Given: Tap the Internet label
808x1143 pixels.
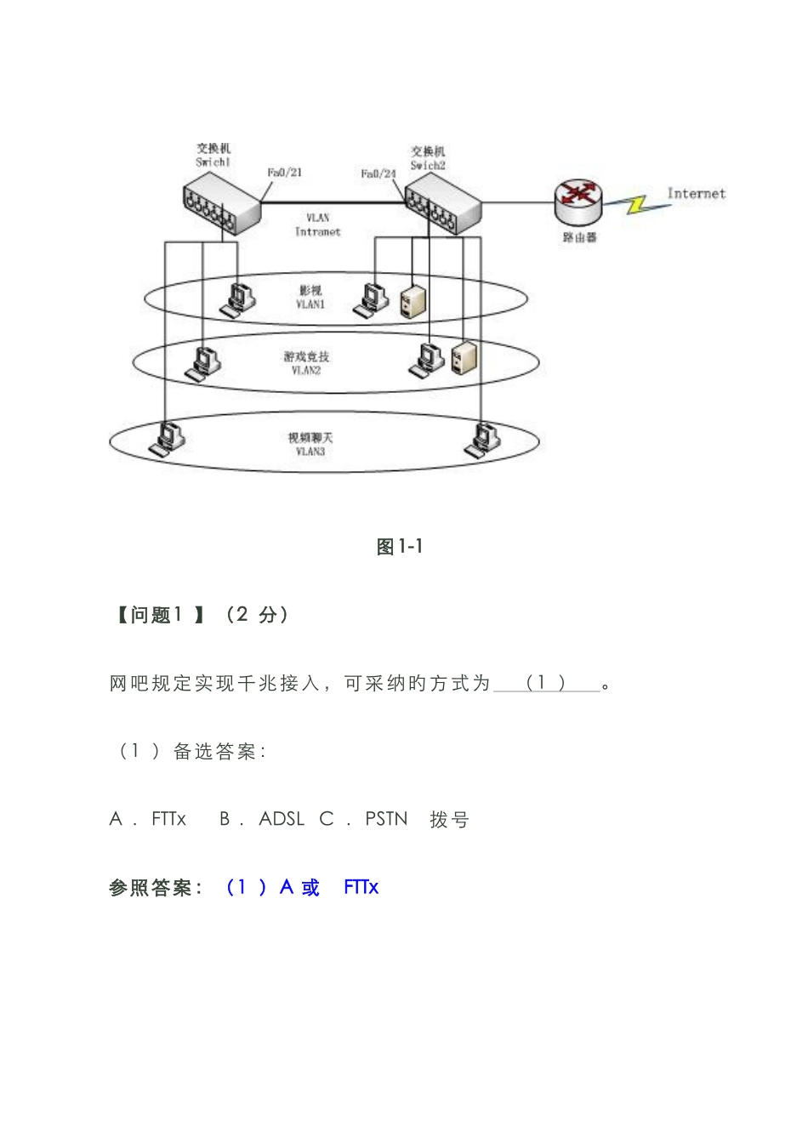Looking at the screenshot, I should pyautogui.click(x=696, y=194).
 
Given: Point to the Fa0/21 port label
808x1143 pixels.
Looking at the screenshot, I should pyautogui.click(x=285, y=173).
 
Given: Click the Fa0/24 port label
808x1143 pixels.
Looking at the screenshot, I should pyautogui.click(x=378, y=173).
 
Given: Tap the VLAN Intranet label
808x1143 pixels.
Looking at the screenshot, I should pyautogui.click(x=317, y=225).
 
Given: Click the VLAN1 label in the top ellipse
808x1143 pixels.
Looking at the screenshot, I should pyautogui.click(x=310, y=304).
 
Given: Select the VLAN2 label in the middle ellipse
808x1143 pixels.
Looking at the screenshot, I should pyautogui.click(x=306, y=370).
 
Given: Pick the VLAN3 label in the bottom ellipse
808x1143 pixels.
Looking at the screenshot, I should pyautogui.click(x=310, y=452).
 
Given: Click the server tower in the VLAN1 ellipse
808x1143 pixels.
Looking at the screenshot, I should pyautogui.click(x=413, y=301).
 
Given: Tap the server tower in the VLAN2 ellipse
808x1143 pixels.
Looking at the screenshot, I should pyautogui.click(x=464, y=357).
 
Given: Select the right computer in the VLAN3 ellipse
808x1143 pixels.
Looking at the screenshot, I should pyautogui.click(x=482, y=439).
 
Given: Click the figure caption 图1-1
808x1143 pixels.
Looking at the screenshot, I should pyautogui.click(x=400, y=547).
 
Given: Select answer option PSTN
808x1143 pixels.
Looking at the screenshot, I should pyautogui.click(x=386, y=819).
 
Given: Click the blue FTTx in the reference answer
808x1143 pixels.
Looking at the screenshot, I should pyautogui.click(x=361, y=887).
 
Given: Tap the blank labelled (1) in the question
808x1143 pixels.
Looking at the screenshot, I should pyautogui.click(x=546, y=683).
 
